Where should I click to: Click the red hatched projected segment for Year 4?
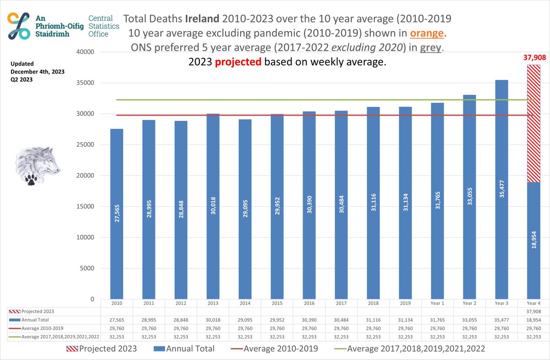[x=533, y=124]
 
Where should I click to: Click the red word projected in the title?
[x=238, y=62]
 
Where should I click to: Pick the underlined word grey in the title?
[x=429, y=48]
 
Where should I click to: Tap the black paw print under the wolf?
[x=31, y=179]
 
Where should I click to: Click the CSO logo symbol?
[x=19, y=26]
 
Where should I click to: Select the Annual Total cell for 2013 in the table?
[x=213, y=320]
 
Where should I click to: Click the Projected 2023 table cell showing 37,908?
[x=533, y=311]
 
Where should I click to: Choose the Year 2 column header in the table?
[x=469, y=303]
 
